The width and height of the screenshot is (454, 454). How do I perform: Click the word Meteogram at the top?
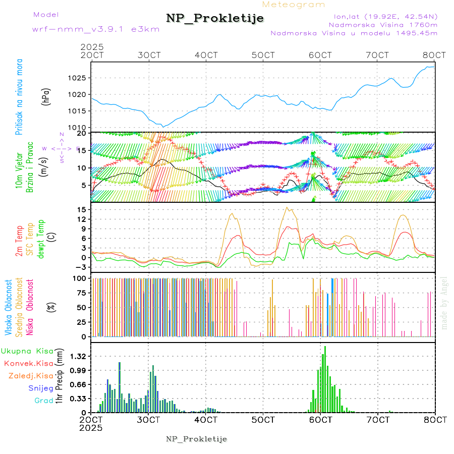pyautogui.click(x=294, y=5)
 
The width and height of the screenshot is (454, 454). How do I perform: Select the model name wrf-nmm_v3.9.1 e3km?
pyautogui.click(x=95, y=29)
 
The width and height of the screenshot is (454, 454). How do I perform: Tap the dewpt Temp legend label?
pyautogui.click(x=41, y=239)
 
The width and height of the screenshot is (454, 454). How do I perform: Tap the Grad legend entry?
pyautogui.click(x=43, y=401)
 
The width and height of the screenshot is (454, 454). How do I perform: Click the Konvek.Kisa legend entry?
pyautogui.click(x=28, y=363)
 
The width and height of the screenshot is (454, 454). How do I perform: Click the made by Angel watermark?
pyautogui.click(x=444, y=303)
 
